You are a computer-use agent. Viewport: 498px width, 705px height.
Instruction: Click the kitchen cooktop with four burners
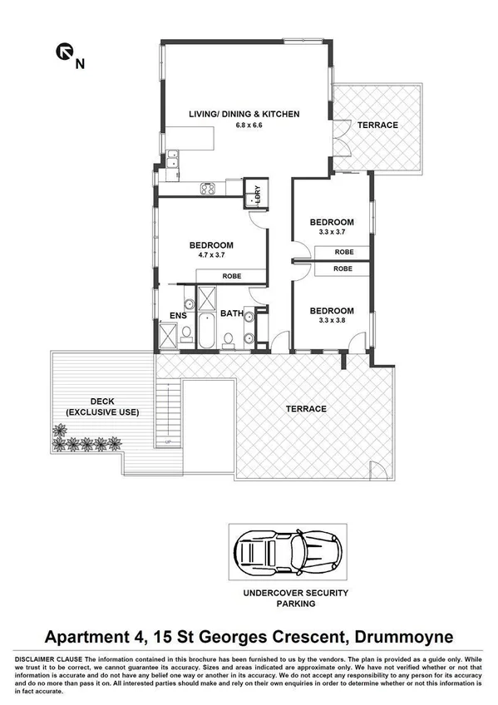pos(208,189)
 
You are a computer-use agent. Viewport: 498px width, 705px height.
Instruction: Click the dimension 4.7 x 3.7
pos(210,256)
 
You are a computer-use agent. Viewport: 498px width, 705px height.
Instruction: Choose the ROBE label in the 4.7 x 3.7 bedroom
pos(231,277)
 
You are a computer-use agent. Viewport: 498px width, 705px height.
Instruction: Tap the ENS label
pos(178,315)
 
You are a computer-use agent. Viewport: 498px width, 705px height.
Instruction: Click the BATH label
pos(231,313)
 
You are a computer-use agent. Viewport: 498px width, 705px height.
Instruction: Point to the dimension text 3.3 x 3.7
pos(332,233)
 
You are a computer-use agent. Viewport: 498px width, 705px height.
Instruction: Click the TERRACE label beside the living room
pos(377,126)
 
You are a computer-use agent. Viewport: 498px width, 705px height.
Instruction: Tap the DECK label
pos(102,402)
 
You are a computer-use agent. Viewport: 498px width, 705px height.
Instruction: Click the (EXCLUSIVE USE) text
pos(102,412)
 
